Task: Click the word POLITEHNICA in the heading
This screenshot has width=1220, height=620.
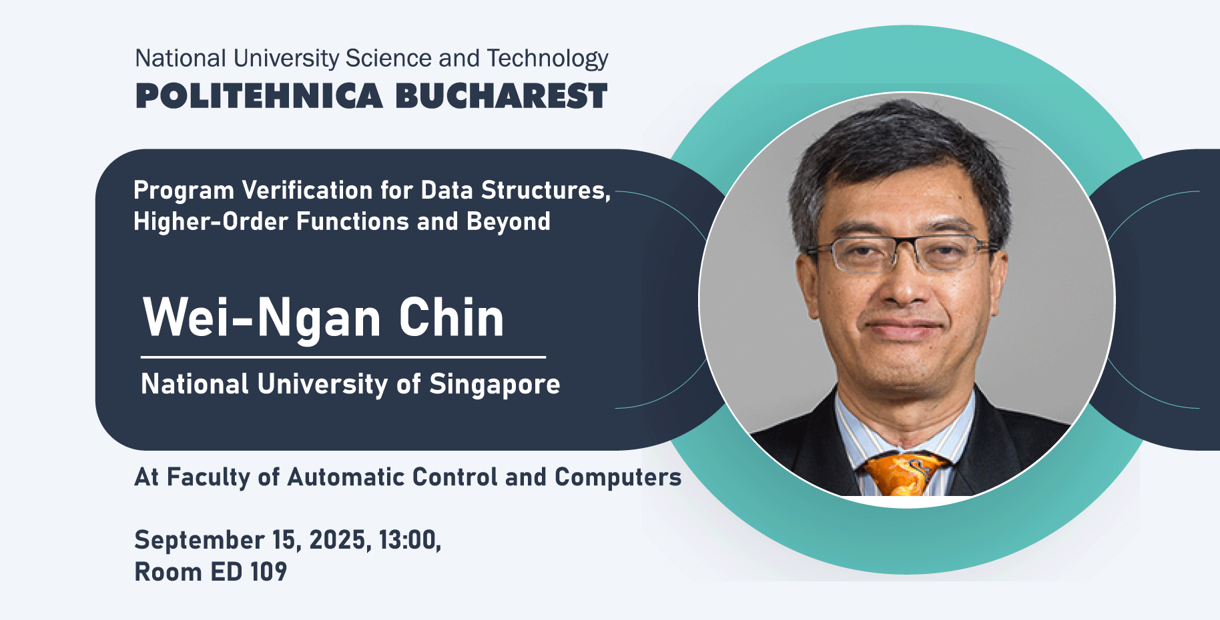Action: click(x=259, y=96)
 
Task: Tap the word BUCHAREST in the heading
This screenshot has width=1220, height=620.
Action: click(x=501, y=96)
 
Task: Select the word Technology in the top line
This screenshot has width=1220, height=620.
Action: click(x=547, y=59)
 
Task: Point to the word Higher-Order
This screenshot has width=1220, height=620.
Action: click(x=210, y=221)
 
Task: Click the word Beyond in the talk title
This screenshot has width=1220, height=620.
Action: click(x=509, y=222)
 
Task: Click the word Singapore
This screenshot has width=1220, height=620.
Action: click(x=495, y=385)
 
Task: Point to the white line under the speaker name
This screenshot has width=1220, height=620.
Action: click(x=343, y=357)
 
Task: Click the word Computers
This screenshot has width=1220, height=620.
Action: click(x=618, y=477)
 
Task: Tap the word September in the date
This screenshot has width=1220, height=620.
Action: click(x=200, y=540)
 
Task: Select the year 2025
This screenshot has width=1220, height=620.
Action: click(x=340, y=540)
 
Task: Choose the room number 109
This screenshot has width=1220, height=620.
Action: click(x=268, y=572)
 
